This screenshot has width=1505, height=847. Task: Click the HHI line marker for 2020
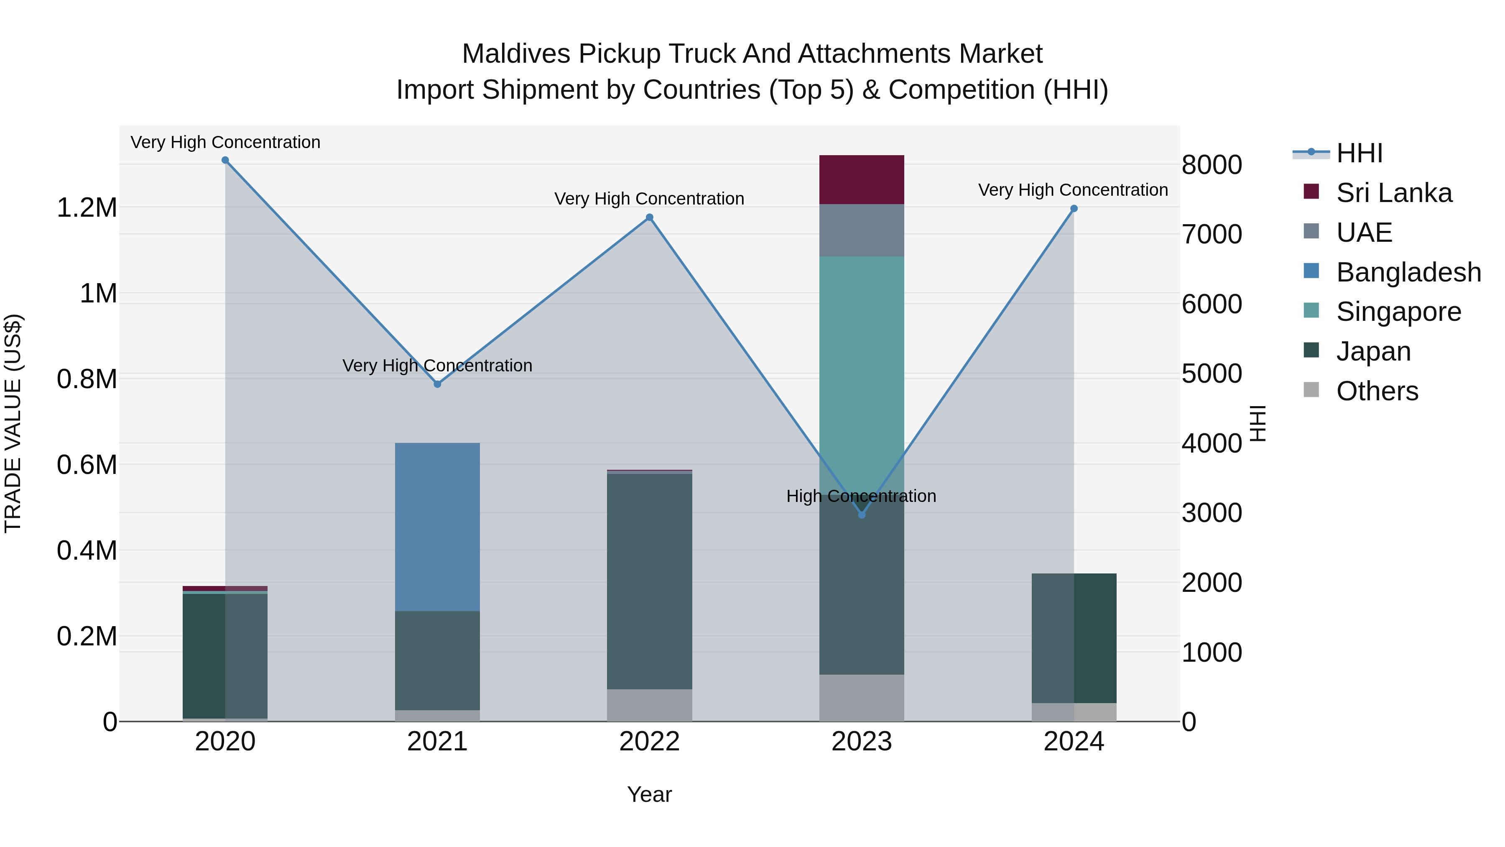pos(225,160)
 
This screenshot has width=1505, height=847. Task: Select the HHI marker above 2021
pos(438,384)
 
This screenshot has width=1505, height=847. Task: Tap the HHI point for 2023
pos(862,514)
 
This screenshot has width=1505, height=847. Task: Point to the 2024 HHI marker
pos(1074,209)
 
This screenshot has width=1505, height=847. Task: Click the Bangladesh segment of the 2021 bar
pos(438,527)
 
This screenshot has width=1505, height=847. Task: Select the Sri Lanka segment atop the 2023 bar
pos(862,179)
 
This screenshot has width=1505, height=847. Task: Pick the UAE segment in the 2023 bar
pos(862,230)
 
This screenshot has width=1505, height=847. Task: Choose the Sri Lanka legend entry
pos(1393,193)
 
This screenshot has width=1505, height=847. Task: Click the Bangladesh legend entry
pos(1408,272)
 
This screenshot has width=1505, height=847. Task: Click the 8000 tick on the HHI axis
pos(1212,165)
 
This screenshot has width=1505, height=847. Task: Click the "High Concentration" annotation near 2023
pos(861,496)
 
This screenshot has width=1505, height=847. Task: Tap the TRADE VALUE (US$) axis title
pos(13,423)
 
